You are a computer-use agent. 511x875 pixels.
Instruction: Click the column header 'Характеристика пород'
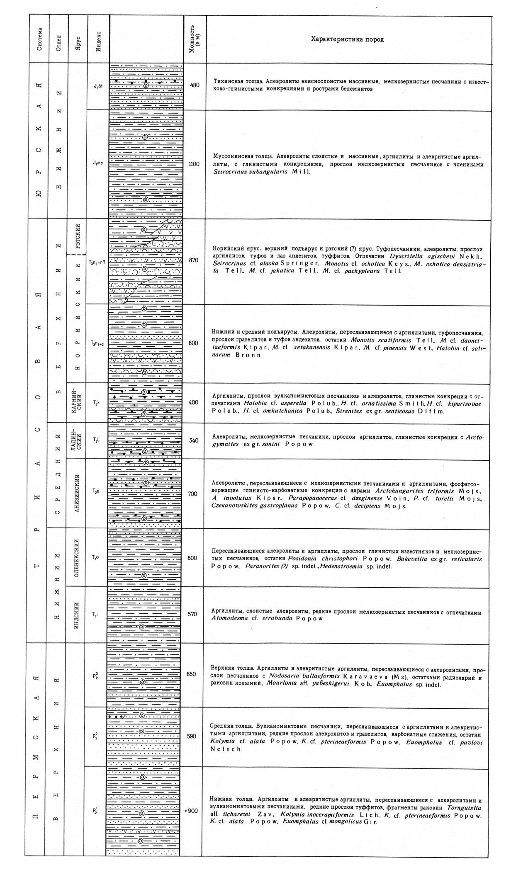pos(348,39)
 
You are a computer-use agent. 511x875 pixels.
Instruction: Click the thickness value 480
pos(195,85)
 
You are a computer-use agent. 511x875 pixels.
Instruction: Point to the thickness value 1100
pos(194,164)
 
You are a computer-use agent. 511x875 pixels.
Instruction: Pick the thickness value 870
pos(194,260)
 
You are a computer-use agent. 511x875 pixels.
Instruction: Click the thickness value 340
pos(194,440)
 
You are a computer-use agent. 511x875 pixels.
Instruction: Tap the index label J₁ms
pos(98,163)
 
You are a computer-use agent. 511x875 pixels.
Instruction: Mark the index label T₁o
pos(95,557)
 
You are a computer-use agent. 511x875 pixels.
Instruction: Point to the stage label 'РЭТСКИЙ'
pos(78,236)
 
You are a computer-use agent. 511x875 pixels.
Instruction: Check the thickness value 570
pos(192,615)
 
